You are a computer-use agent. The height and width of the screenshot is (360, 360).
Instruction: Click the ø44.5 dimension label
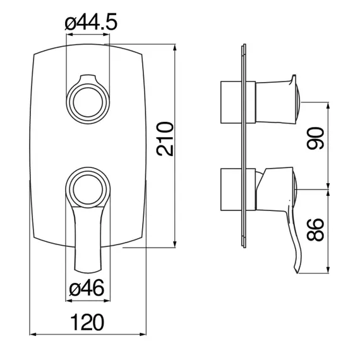91,22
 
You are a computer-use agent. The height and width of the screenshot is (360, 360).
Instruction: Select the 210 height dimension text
165,139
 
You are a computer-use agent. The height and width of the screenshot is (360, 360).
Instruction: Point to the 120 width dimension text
87,322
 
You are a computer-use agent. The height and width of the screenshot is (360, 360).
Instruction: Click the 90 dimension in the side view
315,138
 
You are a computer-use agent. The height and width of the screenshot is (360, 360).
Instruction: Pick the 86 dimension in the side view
315,230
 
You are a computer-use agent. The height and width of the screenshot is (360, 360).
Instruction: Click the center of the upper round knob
88,102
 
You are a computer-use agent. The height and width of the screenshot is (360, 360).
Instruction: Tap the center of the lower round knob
88,189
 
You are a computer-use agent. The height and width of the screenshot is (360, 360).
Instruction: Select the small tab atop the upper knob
88,78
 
